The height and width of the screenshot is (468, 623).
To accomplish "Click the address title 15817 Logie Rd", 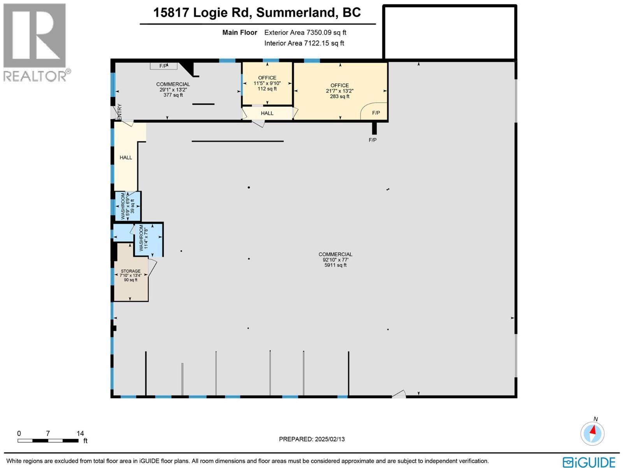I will [x=257, y=12].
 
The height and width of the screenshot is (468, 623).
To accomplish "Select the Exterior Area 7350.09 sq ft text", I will [x=305, y=33].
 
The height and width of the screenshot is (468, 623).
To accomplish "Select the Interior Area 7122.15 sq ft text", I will [x=304, y=43].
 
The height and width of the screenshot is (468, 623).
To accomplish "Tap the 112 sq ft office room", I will [x=267, y=83].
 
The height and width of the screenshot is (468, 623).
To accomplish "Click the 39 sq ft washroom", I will [x=127, y=206].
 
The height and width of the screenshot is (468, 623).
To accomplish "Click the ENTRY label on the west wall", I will [x=120, y=112].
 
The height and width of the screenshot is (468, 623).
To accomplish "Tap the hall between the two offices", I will [x=267, y=113].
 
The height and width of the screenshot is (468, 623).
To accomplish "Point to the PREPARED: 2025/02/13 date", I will [x=311, y=439].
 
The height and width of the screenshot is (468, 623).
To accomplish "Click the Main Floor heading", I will [x=239, y=33].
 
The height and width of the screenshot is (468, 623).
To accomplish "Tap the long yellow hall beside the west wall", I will [x=126, y=158].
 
